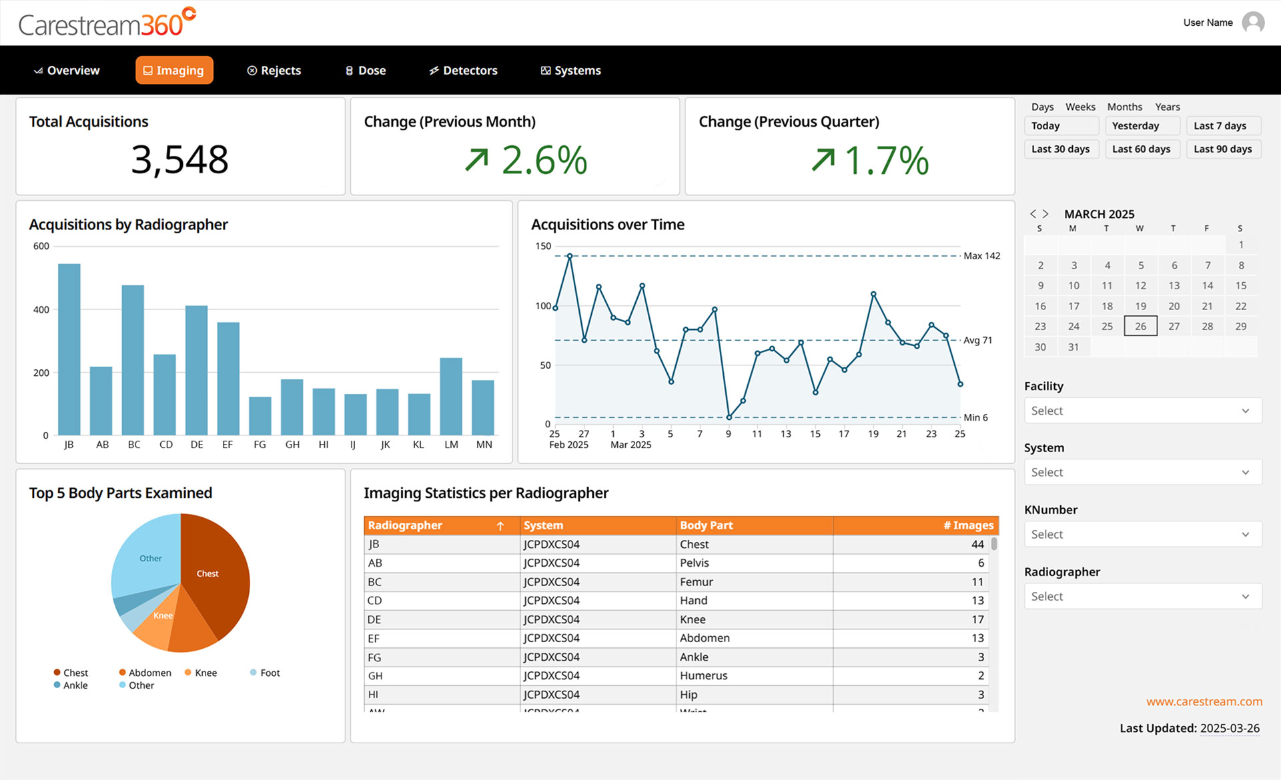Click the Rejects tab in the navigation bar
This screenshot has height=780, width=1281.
pos(274,71)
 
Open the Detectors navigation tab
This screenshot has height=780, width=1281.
pos(463,71)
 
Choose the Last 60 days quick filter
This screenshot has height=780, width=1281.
pos(1141,149)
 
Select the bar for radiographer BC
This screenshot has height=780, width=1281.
pos(133,360)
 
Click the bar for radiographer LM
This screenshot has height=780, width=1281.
pos(451,397)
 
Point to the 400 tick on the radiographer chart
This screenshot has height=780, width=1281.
pos(41,310)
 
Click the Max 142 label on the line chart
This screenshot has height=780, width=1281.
pos(981,256)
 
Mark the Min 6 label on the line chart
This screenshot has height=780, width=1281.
pos(975,418)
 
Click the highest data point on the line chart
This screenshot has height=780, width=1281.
pos(570,256)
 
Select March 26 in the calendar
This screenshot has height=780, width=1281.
pos(1140,327)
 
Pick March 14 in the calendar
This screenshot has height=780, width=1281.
pos(1207,286)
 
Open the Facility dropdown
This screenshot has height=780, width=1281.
pos(1142,411)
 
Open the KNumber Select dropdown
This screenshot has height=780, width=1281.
pos(1142,535)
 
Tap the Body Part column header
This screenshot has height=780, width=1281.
pos(706,526)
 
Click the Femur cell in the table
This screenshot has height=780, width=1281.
pos(697,582)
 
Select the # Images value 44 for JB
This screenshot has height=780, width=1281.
pos(977,545)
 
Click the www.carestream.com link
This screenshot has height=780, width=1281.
pos(1204,702)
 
